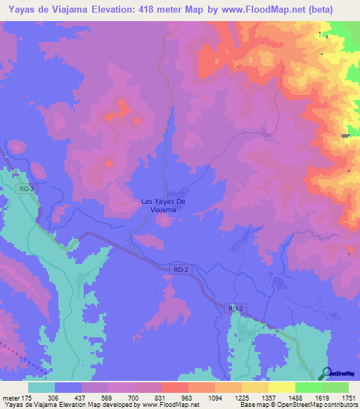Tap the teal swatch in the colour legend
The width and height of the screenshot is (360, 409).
41,387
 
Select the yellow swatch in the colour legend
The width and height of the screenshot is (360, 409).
282,387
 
